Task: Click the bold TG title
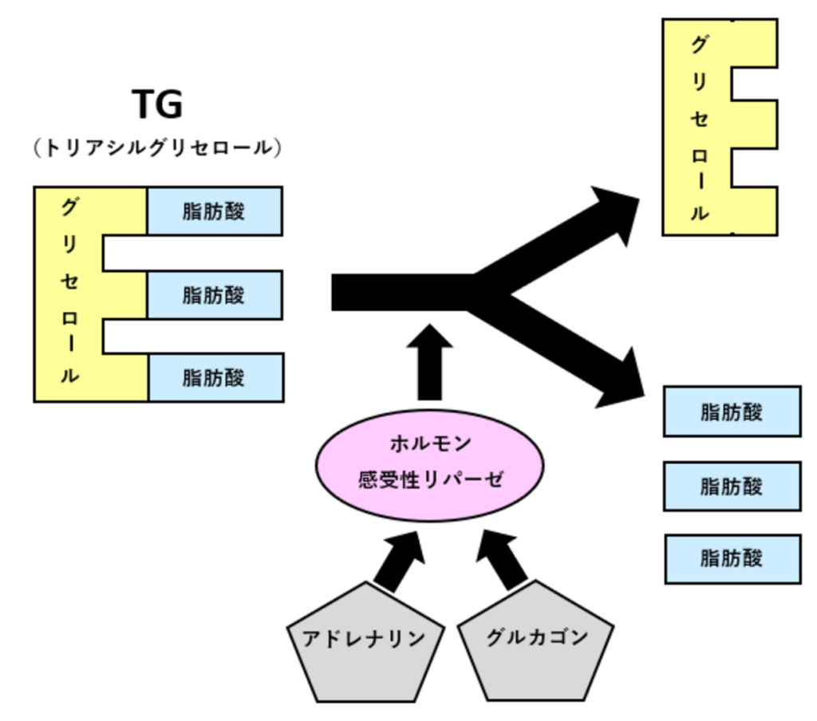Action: [x=157, y=104]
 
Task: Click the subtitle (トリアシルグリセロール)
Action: [x=157, y=149]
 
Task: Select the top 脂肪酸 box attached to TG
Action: [x=214, y=211]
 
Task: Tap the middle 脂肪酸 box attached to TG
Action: [x=214, y=295]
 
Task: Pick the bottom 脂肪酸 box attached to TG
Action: [x=214, y=376]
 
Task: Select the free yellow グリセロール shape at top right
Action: [x=699, y=128]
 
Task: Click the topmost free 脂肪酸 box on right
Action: [x=732, y=412]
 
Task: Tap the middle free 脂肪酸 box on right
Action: [x=732, y=485]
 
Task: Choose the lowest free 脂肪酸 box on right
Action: [x=732, y=558]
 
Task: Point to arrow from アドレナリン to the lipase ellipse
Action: [x=397, y=562]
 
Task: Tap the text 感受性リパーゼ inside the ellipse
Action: [x=430, y=482]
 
